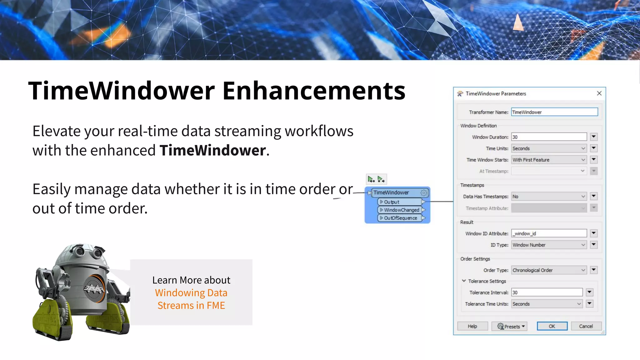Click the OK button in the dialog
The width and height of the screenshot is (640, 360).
(552, 326)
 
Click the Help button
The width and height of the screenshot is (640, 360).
(472, 326)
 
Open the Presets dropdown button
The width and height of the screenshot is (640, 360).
(509, 326)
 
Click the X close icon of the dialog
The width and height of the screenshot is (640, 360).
(599, 93)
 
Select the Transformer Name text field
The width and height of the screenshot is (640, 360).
(554, 112)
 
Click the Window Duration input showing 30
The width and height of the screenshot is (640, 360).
(548, 137)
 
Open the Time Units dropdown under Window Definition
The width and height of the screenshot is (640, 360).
(548, 148)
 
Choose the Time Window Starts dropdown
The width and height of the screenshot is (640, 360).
(548, 160)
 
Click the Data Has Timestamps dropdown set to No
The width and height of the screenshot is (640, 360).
(548, 196)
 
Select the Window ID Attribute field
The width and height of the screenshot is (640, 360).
(548, 233)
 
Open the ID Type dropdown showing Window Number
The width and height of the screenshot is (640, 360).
(548, 245)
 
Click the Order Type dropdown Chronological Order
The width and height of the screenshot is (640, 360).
(548, 270)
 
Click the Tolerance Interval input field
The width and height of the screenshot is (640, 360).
(547, 292)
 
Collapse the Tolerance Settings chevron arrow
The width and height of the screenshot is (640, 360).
(464, 281)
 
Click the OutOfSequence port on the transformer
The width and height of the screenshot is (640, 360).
(400, 218)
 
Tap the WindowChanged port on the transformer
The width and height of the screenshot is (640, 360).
(401, 210)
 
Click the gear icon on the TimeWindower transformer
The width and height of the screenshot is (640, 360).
(424, 192)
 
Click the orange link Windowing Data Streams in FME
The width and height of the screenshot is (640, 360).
(191, 299)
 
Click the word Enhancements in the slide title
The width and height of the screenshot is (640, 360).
(313, 91)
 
